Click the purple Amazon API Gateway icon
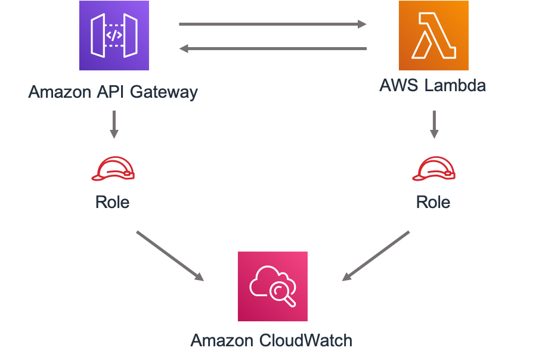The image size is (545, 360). (113, 36)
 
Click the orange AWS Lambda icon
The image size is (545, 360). (433, 36)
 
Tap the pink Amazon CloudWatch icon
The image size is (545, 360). (272, 287)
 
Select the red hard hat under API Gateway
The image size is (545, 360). (113, 169)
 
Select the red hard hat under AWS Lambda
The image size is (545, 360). (433, 169)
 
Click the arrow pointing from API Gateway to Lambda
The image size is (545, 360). (272, 24)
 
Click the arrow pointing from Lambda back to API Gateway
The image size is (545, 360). (272, 49)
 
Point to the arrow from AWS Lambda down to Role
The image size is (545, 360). (434, 124)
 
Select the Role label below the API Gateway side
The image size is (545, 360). (113, 202)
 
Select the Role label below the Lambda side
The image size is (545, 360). (433, 202)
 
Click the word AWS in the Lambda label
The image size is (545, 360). (400, 85)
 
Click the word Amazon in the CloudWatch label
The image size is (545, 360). (222, 340)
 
